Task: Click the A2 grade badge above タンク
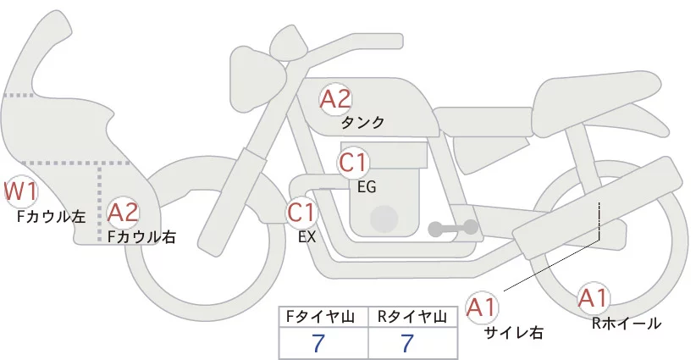(x=335, y=99)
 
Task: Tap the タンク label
(x=362, y=123)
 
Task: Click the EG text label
(x=367, y=186)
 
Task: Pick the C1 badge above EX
(x=301, y=211)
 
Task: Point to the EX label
(x=307, y=237)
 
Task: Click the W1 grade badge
(x=20, y=191)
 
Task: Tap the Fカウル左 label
(x=51, y=217)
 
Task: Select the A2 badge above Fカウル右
(x=123, y=213)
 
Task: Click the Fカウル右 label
(x=141, y=238)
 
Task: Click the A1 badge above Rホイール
(x=593, y=298)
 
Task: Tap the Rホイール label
(x=626, y=323)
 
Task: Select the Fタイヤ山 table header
(x=323, y=317)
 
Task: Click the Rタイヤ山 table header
(x=413, y=317)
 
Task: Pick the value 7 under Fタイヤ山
(x=318, y=344)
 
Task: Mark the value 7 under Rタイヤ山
(x=407, y=344)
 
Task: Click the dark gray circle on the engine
(x=385, y=219)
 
